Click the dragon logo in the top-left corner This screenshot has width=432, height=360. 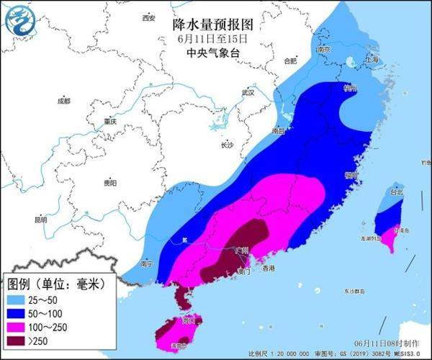pos(19,21)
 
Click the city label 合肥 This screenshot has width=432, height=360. pos(290,61)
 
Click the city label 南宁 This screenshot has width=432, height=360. pos(147,264)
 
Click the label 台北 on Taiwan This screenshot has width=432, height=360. pos(397,192)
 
